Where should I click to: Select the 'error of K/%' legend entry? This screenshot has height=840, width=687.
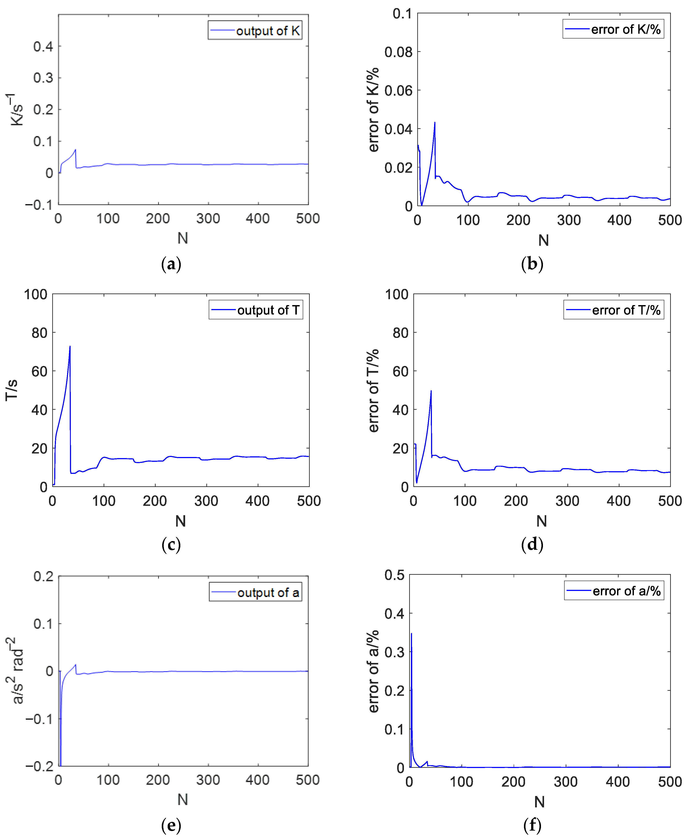coord(613,29)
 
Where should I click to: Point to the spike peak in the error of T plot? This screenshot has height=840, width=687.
coord(431,391)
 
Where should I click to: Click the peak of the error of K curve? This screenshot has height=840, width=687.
coord(435,123)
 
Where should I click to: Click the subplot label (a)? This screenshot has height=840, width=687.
coord(171,264)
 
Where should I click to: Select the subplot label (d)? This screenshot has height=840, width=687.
coord(532,544)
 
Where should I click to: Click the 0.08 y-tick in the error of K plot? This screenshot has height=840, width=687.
coord(398,52)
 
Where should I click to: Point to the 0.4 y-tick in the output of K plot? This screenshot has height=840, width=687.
coord(43,46)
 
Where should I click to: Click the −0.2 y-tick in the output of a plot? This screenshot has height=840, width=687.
coord(39,766)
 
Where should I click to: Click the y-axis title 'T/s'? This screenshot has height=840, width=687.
coord(12,390)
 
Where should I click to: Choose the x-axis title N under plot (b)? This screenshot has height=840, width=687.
coord(543,240)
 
